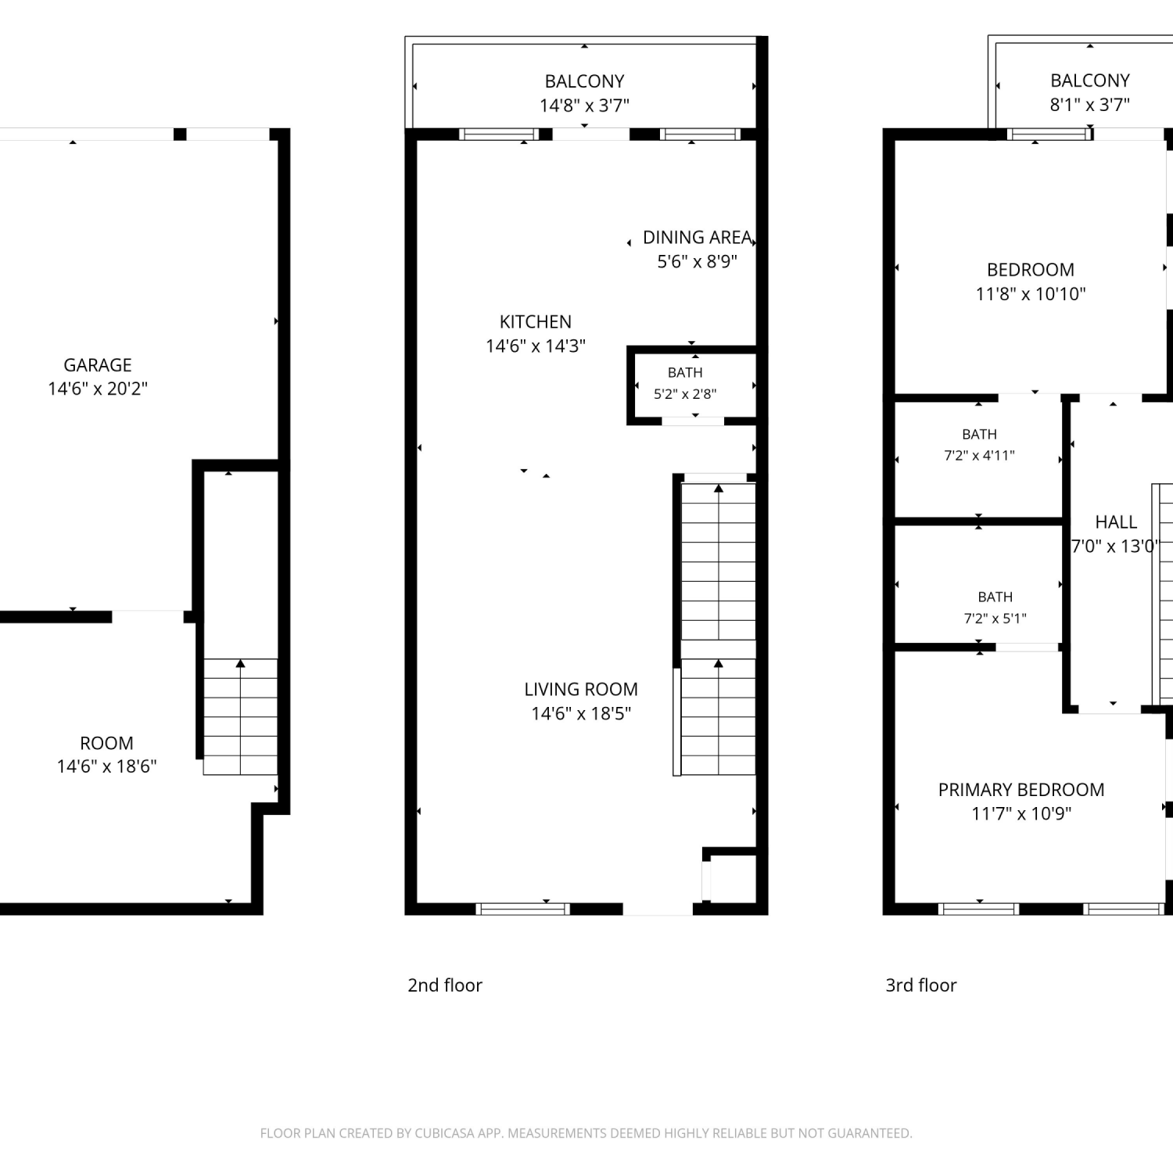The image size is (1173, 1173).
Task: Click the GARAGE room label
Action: (x=98, y=365)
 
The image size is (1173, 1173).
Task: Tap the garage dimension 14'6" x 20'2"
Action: (x=98, y=389)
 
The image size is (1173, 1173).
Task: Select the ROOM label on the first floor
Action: (x=106, y=743)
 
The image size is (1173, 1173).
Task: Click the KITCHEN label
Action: (x=536, y=322)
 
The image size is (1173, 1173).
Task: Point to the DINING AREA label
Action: (x=698, y=238)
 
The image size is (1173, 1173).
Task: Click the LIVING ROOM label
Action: (x=581, y=690)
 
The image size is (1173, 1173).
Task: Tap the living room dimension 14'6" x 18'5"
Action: (x=581, y=713)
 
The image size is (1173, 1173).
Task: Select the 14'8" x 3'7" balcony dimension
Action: (x=584, y=106)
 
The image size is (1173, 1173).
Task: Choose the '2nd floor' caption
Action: (x=445, y=985)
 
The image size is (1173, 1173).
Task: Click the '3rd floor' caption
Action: (x=921, y=985)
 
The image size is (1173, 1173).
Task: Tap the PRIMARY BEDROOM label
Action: (x=1021, y=790)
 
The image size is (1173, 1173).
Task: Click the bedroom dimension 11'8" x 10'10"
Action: (x=1031, y=294)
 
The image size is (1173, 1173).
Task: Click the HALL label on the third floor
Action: (x=1116, y=522)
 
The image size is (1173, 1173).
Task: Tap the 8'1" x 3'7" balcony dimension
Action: (x=1090, y=105)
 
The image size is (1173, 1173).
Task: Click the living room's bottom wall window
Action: (x=522, y=909)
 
